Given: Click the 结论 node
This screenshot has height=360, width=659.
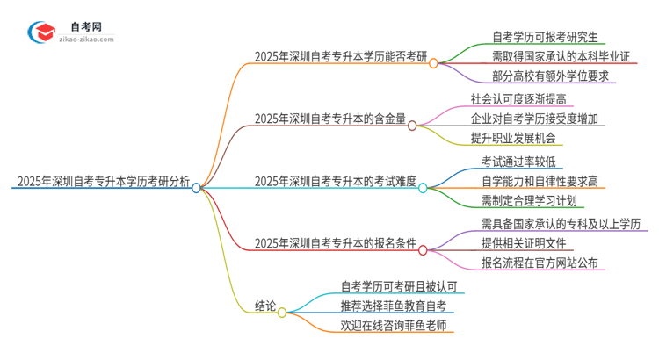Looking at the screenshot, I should (x=265, y=306).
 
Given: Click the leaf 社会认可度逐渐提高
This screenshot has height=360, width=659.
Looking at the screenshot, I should (x=519, y=98).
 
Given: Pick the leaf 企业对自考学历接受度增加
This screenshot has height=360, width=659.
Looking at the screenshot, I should (x=538, y=119).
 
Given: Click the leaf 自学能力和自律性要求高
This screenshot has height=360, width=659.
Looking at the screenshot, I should (x=540, y=181).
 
